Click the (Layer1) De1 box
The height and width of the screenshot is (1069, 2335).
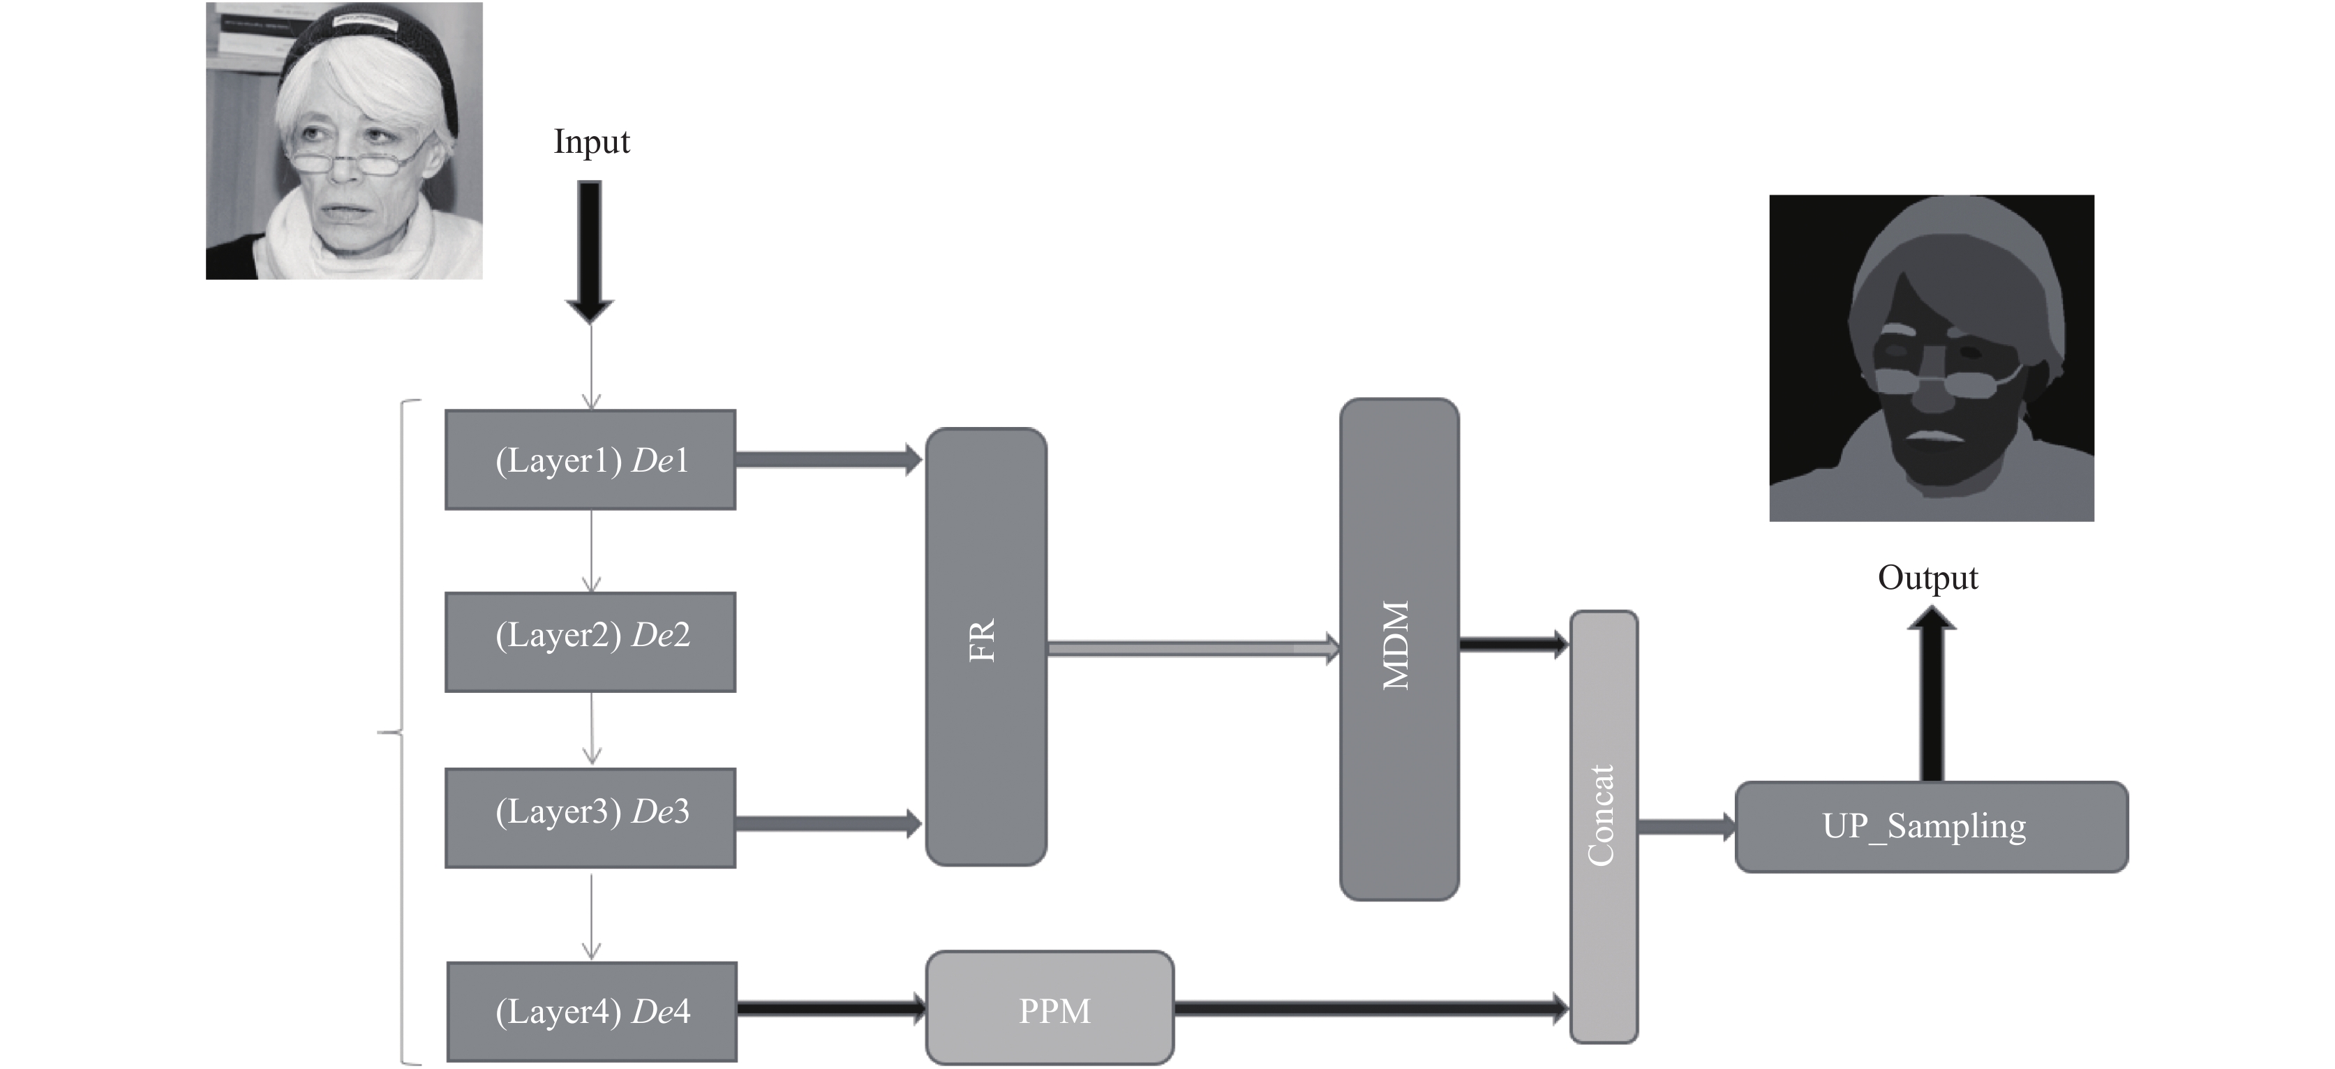[x=590, y=460]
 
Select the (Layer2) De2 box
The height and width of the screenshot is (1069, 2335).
[x=590, y=642]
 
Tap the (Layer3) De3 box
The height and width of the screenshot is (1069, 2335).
[x=590, y=818]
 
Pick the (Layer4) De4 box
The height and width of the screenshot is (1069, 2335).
[x=592, y=1011]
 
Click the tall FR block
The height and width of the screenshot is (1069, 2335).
[x=986, y=646]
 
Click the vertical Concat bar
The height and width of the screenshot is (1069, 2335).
[x=1604, y=826]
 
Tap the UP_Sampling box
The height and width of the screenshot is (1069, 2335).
[x=1932, y=827]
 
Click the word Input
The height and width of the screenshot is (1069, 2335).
[x=591, y=142]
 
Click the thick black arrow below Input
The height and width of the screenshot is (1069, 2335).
[x=589, y=252]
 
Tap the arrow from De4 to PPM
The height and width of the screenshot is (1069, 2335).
[x=831, y=1006]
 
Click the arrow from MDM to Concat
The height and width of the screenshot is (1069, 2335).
[x=1514, y=645]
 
